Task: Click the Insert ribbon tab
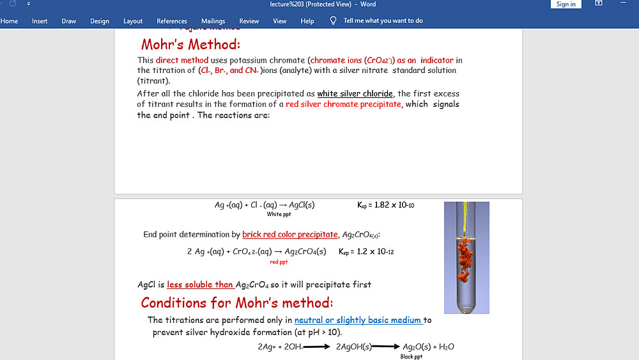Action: point(40,21)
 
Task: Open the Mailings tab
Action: point(213,21)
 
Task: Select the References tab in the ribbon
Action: point(172,21)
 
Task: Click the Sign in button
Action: point(566,4)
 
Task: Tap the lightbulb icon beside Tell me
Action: point(333,20)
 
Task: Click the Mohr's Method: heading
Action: point(190,45)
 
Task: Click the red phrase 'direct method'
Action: point(182,61)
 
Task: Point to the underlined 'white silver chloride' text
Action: point(355,94)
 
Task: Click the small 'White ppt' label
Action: point(279,215)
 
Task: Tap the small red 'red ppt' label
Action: point(279,262)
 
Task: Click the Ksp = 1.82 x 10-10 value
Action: point(386,205)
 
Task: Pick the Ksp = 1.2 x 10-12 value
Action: point(366,251)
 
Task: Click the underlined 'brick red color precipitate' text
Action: point(290,235)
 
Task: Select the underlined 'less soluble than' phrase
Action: point(200,285)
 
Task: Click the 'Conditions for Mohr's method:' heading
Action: point(236,302)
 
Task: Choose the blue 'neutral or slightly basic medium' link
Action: point(358,320)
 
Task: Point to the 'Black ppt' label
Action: point(411,357)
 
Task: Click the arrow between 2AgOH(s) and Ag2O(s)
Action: point(387,347)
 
